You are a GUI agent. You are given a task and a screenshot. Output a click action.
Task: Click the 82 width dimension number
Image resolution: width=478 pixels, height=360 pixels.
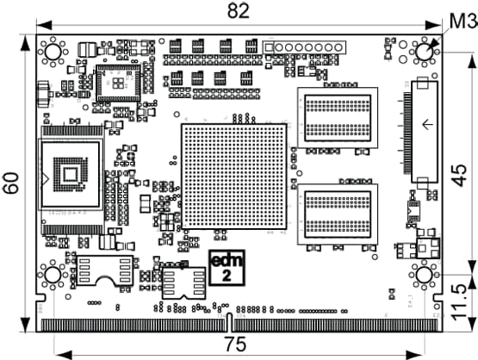tap(239, 11)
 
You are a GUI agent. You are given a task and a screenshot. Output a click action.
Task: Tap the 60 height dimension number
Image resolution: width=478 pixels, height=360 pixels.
tap(11, 183)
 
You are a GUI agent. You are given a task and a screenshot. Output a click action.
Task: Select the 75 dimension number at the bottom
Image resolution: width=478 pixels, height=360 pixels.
tap(235, 344)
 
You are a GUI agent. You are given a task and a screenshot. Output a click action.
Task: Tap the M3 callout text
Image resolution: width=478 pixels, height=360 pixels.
tap(463, 22)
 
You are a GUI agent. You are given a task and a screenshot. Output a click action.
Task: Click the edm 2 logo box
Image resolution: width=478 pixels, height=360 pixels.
tap(227, 268)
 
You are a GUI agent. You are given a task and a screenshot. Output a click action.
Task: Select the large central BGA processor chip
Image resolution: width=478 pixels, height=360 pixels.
tap(234, 177)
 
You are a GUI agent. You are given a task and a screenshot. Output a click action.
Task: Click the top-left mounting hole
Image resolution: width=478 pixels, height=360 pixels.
tap(53, 52)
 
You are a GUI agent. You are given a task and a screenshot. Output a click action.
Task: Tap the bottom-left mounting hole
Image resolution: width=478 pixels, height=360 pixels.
tap(53, 275)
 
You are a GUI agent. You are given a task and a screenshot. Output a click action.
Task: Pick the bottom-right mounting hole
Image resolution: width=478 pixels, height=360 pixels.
tap(425, 275)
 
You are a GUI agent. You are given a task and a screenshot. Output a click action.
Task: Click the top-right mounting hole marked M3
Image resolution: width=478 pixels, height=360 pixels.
tap(425, 52)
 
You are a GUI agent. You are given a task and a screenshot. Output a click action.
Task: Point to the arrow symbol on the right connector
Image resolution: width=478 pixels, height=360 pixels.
tap(427, 124)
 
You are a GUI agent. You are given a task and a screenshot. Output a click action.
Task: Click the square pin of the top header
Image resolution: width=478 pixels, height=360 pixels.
tap(269, 47)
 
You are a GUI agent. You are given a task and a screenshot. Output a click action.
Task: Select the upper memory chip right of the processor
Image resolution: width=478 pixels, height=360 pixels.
tap(338, 118)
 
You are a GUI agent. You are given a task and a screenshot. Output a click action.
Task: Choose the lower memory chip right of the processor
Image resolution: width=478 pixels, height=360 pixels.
tap(338, 214)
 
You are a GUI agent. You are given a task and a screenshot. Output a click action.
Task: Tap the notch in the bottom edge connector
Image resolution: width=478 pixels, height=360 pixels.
tap(230, 322)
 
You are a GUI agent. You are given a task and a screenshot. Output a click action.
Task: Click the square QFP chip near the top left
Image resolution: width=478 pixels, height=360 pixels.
tap(118, 83)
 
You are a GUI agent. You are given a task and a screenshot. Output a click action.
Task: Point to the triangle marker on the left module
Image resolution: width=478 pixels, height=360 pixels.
tap(45, 179)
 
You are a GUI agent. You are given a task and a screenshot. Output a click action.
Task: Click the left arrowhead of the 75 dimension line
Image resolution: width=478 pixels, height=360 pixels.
tap(64, 355)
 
